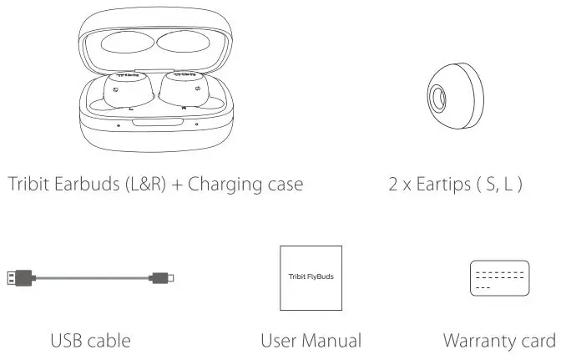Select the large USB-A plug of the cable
pyautogui.click(x=20, y=276)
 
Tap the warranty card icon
pyautogui.click(x=499, y=276)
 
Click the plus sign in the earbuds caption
pyautogui.click(x=176, y=183)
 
